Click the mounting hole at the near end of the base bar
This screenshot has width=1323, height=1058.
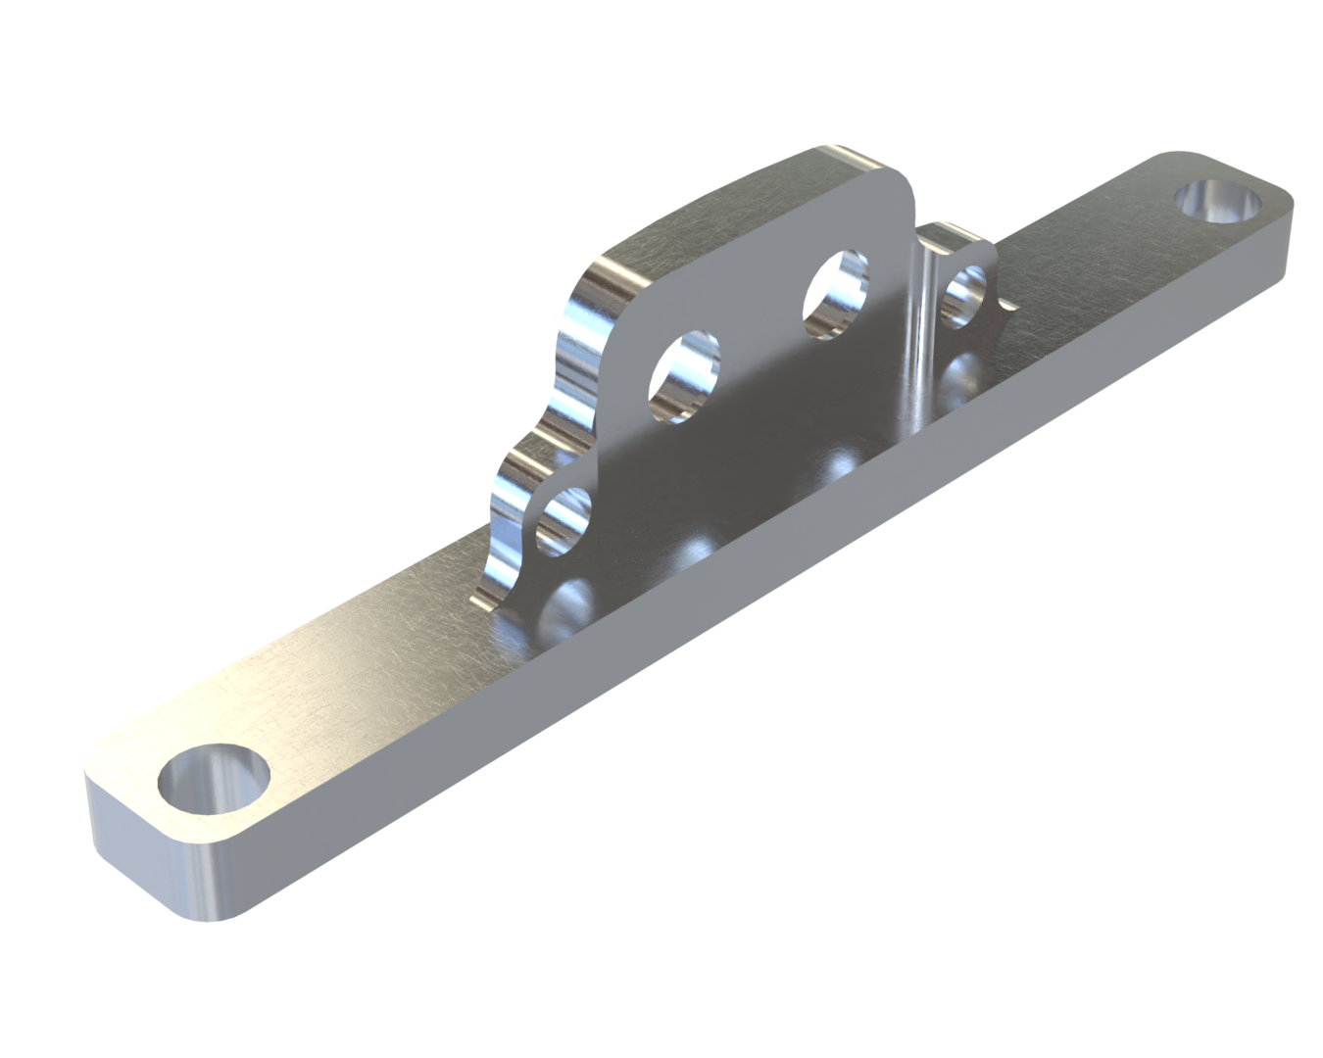(214, 780)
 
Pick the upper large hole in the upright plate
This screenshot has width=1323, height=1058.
(836, 296)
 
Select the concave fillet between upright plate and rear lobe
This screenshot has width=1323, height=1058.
(921, 323)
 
